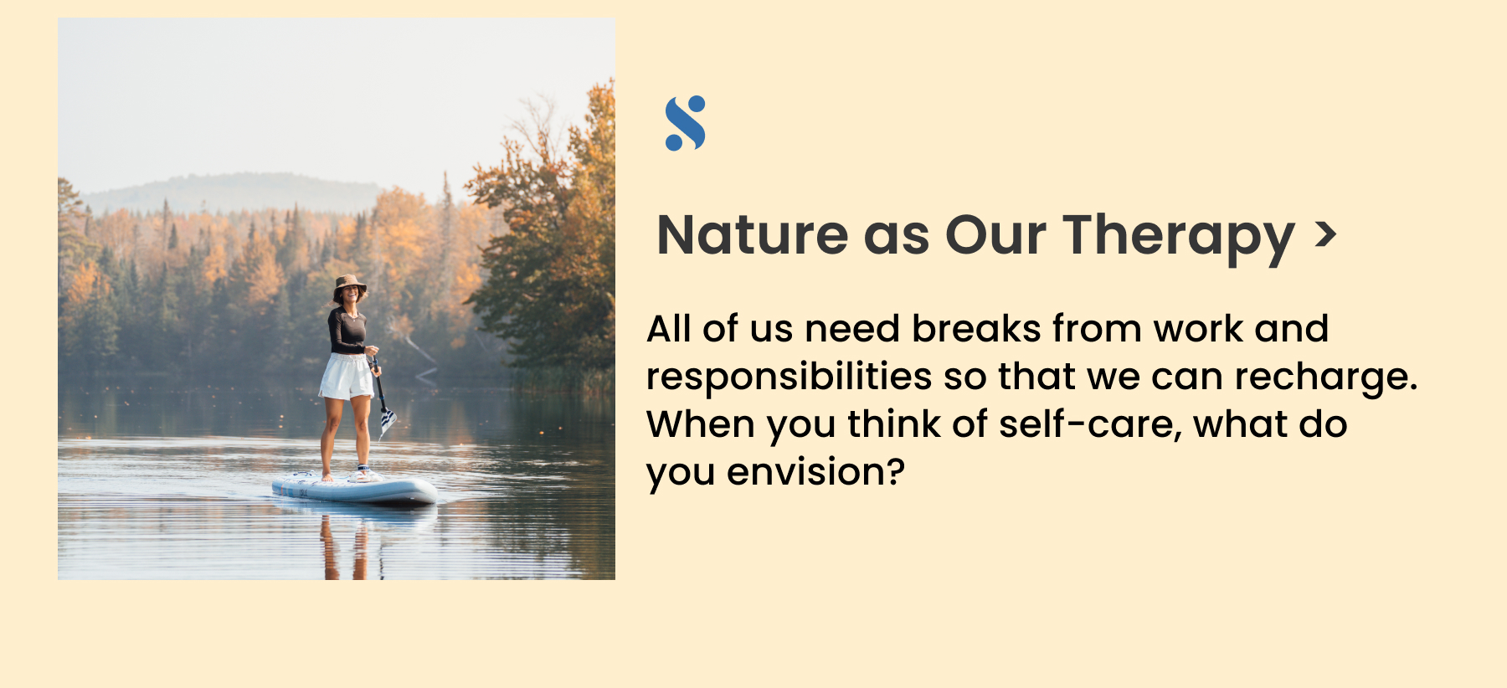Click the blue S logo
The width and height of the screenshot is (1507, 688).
click(686, 123)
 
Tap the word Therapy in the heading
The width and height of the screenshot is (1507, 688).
click(1179, 239)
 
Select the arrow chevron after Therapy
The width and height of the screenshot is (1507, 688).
click(1325, 234)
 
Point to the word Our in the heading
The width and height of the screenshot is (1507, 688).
click(995, 235)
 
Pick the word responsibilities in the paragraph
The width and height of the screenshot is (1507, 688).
click(789, 378)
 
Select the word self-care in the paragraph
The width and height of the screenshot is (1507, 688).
click(1090, 424)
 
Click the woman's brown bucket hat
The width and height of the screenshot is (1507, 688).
click(349, 285)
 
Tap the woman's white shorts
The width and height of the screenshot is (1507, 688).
click(347, 377)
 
